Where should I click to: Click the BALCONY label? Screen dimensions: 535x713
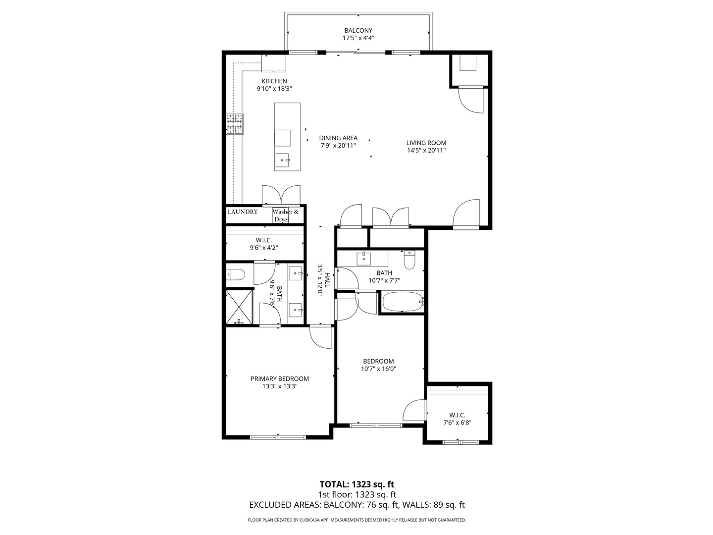click(358, 30)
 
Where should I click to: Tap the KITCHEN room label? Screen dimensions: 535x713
click(274, 81)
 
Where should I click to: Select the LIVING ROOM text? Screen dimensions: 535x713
click(426, 143)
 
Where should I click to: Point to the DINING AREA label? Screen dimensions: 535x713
click(338, 138)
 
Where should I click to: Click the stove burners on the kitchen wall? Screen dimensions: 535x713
click(235, 124)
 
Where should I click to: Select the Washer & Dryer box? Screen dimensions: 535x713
click(286, 215)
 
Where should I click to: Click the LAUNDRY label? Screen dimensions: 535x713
click(243, 212)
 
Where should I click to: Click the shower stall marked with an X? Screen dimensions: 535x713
click(239, 306)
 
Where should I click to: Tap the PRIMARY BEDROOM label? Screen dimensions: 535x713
click(279, 378)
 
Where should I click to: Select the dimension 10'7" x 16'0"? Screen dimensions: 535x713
click(379, 369)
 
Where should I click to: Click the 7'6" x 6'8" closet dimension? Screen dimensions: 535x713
click(457, 423)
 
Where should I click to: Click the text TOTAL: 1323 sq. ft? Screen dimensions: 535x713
click(356, 484)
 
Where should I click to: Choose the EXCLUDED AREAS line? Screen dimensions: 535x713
click(356, 505)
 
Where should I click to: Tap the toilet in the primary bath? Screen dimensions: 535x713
click(236, 274)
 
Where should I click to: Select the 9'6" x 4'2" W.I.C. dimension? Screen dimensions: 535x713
click(264, 248)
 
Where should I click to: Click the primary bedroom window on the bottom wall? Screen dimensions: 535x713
click(278, 437)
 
